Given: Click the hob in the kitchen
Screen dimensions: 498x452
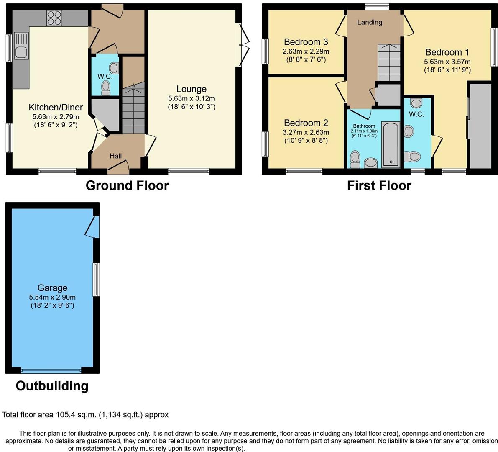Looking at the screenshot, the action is click(54, 18).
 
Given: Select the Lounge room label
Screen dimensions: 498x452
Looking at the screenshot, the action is click(192, 89).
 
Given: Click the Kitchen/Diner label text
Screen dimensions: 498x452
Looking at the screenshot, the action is click(56, 107).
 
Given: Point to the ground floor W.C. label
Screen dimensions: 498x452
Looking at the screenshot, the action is click(105, 76).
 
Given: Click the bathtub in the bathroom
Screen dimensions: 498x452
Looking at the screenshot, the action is click(391, 144).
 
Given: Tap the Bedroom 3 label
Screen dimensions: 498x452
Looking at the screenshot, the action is click(306, 42).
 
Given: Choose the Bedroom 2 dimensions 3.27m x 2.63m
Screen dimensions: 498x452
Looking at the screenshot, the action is click(306, 132).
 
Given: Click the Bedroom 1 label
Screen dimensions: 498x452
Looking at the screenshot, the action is click(447, 52).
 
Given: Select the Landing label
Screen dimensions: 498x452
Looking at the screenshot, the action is click(369, 22).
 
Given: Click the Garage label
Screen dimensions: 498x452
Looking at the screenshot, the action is click(52, 288).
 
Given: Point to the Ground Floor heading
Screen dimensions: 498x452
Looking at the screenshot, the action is click(127, 186).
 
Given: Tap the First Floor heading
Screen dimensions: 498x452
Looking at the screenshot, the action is click(379, 186).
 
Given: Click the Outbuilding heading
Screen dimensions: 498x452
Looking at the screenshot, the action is click(52, 386).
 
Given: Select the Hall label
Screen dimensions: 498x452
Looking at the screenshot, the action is click(115, 156).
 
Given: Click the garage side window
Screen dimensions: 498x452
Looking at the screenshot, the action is click(96, 280).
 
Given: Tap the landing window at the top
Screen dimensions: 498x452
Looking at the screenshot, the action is click(377, 7).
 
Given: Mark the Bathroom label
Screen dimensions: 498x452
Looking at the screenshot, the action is click(364, 126).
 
